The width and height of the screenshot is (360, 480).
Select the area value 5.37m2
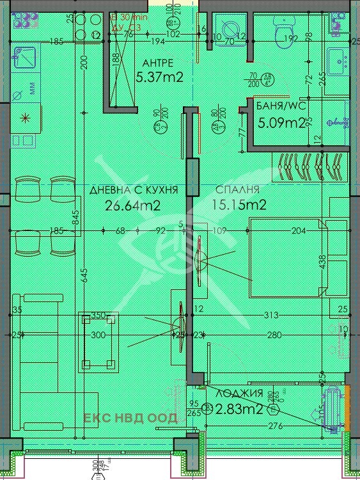click(160, 77)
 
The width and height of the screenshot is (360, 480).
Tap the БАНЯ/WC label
click(279, 107)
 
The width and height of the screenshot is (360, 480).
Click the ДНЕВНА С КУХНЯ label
click(133, 190)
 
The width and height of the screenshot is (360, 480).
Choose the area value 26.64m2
click(132, 205)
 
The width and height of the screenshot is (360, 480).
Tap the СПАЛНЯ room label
click(237, 190)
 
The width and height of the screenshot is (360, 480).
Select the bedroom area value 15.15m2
click(238, 205)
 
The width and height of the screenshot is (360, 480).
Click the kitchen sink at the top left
click(26, 61)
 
